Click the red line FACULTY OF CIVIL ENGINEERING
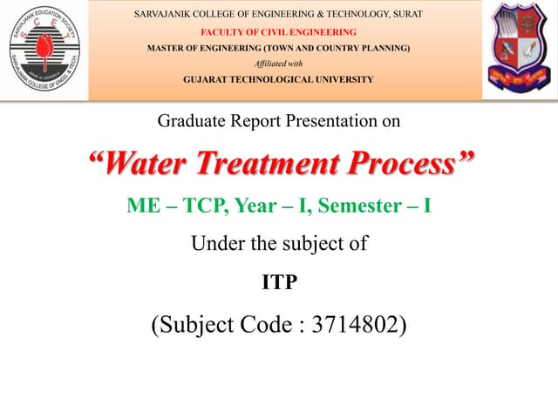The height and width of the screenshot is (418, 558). [x=279, y=32]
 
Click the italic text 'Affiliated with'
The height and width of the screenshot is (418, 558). [x=279, y=64]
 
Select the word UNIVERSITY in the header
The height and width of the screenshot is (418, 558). [x=343, y=79]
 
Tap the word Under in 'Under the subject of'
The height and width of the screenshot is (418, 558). [x=213, y=244]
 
